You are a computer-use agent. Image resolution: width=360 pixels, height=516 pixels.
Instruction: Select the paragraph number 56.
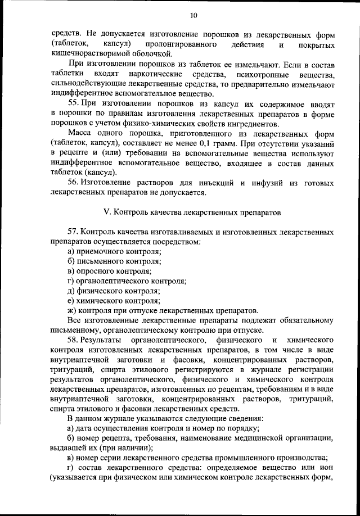(x=74, y=183)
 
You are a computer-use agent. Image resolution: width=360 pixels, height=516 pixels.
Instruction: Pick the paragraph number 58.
(x=74, y=341)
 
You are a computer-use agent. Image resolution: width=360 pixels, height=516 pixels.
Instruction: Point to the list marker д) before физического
(x=70, y=291)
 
